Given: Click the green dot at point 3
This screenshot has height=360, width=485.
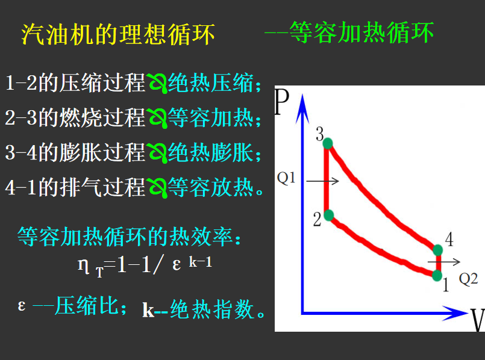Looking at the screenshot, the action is click(328, 143).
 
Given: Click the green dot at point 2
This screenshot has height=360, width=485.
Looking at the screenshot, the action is click(329, 215).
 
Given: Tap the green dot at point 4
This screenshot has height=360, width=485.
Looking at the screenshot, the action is click(437, 250).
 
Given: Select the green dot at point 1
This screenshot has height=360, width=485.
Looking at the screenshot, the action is click(437, 275).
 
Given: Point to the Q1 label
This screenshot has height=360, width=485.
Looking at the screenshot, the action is click(286, 178).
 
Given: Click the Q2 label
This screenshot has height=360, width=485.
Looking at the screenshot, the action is click(468, 279).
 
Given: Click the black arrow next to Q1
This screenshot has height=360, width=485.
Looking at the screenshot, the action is click(322, 181).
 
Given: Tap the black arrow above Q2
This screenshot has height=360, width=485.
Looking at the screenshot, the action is click(444, 262).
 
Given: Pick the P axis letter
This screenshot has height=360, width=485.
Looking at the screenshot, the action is click(282, 102).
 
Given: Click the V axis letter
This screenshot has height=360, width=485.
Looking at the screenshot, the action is click(478, 320).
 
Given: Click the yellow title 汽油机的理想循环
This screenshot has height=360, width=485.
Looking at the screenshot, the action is click(118, 34).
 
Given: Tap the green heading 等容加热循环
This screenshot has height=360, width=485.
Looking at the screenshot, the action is click(362, 33).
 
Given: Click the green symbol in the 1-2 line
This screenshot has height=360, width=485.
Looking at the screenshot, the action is click(157, 84).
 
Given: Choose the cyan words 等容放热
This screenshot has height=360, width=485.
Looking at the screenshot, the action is click(211, 187).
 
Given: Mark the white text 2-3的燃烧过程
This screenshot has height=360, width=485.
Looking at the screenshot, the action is click(75, 118).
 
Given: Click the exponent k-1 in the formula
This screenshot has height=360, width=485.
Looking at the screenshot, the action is click(201, 262).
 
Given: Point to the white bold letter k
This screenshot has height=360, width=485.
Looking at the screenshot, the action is click(148, 310).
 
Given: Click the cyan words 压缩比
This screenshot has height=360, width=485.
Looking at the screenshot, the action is click(87, 306).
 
